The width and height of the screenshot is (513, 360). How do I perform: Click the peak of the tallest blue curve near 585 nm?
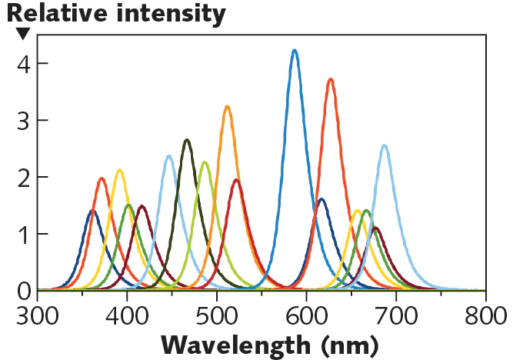click(295, 51)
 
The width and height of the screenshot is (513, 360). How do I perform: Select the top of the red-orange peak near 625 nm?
click(330, 79)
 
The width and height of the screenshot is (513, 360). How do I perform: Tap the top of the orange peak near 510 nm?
click(227, 107)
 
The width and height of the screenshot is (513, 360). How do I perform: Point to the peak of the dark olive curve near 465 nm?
click(187, 140)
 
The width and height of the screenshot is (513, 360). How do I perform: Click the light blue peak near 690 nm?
click(384, 145)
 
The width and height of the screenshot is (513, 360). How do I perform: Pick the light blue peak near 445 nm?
click(168, 156)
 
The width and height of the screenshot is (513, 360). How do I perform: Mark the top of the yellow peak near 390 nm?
click(119, 171)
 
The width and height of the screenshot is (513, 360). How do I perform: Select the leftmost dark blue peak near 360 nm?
click(92, 211)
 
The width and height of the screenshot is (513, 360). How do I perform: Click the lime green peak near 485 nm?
click(205, 162)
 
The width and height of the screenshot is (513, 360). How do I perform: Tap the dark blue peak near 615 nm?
click(321, 199)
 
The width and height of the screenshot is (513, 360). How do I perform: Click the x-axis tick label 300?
click(38, 315)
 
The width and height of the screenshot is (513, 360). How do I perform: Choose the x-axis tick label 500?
click(217, 315)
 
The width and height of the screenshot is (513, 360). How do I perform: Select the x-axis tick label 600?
click(307, 315)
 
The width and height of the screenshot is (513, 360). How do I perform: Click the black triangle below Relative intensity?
click(23, 33)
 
